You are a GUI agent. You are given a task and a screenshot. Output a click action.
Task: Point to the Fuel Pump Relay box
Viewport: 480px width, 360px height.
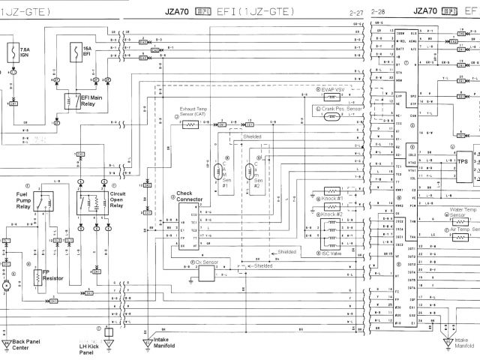[x=48, y=202]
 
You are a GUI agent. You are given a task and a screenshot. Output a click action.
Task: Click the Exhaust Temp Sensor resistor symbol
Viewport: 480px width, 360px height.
[x=190, y=124]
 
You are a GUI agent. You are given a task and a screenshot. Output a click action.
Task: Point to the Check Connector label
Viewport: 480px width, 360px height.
[x=189, y=196]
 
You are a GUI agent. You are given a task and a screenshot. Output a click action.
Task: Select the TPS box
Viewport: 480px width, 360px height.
[x=462, y=160]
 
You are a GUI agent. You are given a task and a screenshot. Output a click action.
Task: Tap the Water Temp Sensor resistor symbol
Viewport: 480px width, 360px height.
[x=460, y=220]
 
